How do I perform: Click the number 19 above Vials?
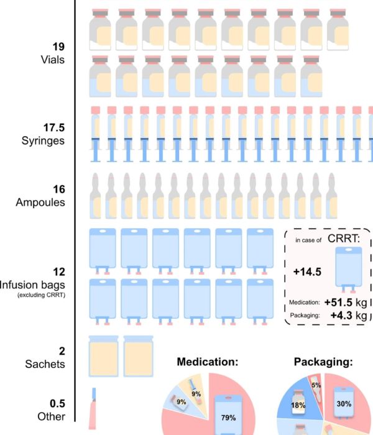(58, 47)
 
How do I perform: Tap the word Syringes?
(43, 140)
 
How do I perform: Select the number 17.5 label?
(54, 127)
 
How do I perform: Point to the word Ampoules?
(40, 202)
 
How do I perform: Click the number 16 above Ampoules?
(59, 190)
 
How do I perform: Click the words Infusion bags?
(32, 285)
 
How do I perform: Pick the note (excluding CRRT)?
(42, 295)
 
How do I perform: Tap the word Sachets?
(45, 364)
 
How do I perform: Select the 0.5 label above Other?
(57, 403)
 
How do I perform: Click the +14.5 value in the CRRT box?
(307, 272)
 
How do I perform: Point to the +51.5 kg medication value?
(346, 303)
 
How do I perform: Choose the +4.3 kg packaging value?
(349, 316)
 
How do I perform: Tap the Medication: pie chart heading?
(208, 362)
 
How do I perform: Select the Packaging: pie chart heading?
(323, 362)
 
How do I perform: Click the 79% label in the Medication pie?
(228, 418)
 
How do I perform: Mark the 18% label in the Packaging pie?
(298, 405)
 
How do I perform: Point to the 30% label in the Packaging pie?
(344, 404)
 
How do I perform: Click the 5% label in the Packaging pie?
(316, 385)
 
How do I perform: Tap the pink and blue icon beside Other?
(93, 408)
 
